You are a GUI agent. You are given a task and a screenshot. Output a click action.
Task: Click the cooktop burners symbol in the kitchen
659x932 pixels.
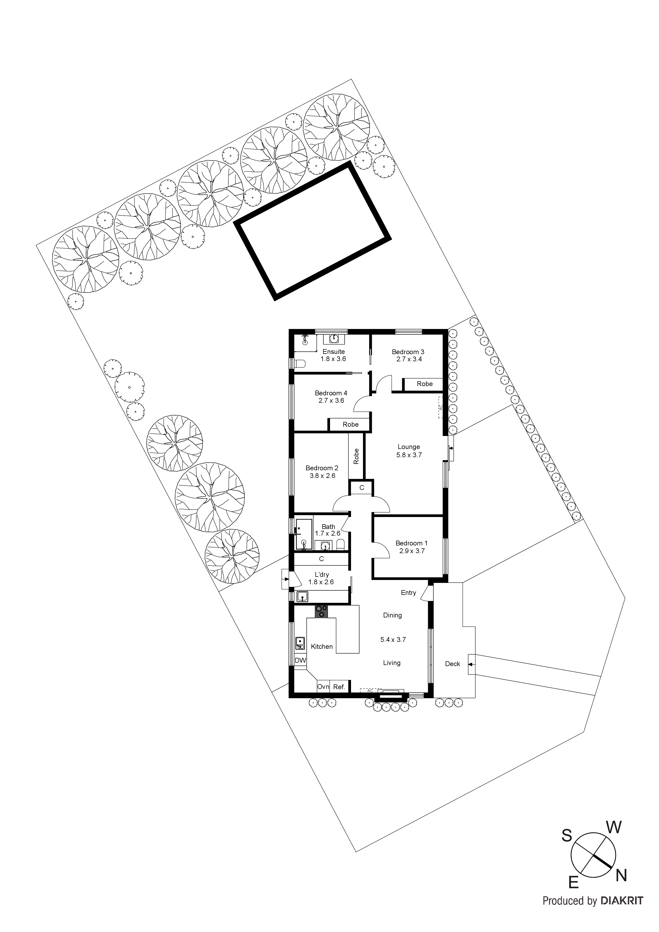point(322,611)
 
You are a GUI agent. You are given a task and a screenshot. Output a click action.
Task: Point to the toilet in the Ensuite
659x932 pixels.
point(299,363)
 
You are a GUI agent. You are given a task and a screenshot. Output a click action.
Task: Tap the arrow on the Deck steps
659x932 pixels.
point(471,664)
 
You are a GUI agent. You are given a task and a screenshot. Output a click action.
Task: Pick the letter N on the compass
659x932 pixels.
point(621,876)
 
